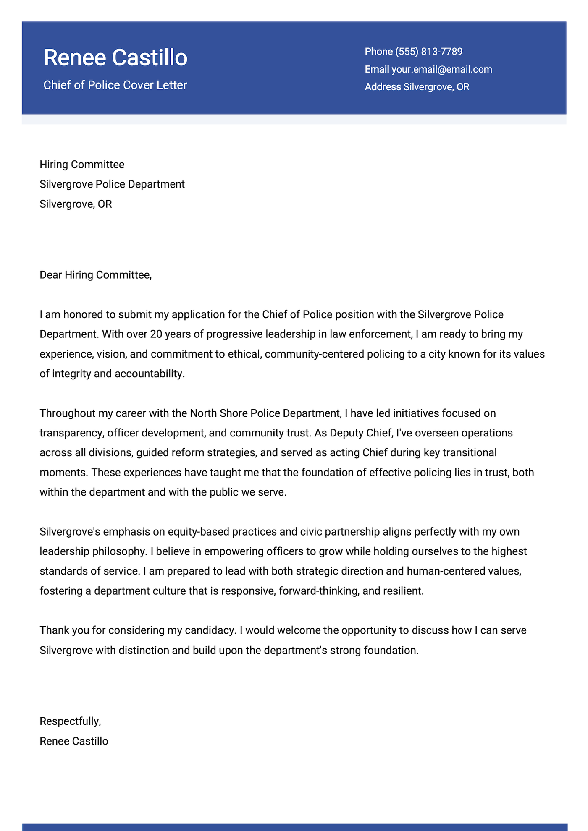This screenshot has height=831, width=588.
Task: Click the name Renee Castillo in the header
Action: (x=115, y=57)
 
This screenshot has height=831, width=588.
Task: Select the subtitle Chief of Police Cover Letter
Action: (x=115, y=85)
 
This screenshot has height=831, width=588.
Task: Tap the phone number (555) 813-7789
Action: (x=428, y=52)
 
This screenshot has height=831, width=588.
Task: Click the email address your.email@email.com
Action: (x=441, y=69)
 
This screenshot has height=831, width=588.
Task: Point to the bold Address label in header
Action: (x=383, y=87)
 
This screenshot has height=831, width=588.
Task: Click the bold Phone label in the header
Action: (x=378, y=52)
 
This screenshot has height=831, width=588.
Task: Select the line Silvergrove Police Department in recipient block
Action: (x=112, y=184)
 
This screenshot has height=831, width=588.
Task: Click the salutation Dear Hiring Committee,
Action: (x=95, y=275)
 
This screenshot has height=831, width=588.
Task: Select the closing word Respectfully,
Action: (x=70, y=721)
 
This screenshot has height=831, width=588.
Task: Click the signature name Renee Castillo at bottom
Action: (x=74, y=741)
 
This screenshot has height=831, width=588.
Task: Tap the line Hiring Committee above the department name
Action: (x=82, y=164)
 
